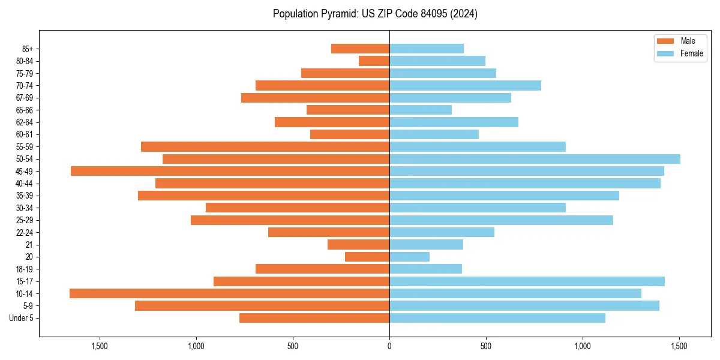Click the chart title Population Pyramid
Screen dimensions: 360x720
click(375, 14)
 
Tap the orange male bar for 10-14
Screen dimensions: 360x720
click(229, 293)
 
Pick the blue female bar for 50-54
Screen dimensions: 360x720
click(535, 159)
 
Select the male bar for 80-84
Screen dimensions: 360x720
click(374, 61)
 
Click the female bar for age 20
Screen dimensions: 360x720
click(409, 257)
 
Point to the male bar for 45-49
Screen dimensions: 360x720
click(230, 171)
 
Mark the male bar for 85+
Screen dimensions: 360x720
click(360, 49)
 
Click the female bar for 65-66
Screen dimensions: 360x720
click(421, 110)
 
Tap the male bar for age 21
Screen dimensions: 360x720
click(358, 244)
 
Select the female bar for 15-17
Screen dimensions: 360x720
click(527, 281)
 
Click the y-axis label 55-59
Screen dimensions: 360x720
click(25, 147)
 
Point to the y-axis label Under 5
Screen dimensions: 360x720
click(22, 318)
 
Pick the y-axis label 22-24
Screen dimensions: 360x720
click(25, 232)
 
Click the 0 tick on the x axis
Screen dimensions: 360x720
click(389, 346)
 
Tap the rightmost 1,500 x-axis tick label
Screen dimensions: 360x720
click(679, 346)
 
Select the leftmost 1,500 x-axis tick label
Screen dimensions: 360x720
click(99, 346)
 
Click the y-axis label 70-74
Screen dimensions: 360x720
click(25, 86)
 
